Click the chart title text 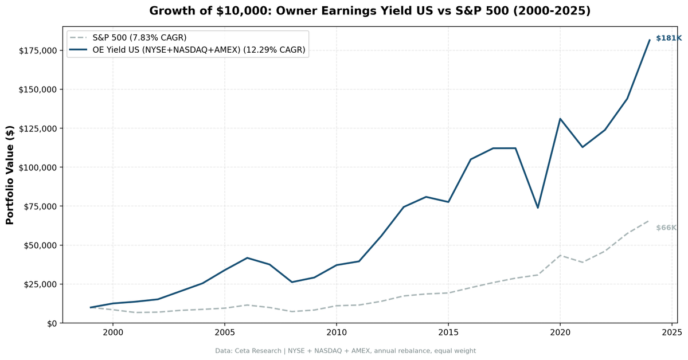pyautogui.click(x=369, y=11)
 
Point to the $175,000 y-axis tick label pyautogui.click(x=37, y=50)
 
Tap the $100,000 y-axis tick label pyautogui.click(x=37, y=167)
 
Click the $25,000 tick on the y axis pyautogui.click(x=40, y=284)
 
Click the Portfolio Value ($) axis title pyautogui.click(x=10, y=175)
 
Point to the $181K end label pyautogui.click(x=669, y=38)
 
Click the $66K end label pyautogui.click(x=666, y=228)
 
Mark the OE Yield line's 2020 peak pyautogui.click(x=560, y=119)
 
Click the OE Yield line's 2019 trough pyautogui.click(x=538, y=208)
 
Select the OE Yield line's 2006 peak pyautogui.click(x=247, y=258)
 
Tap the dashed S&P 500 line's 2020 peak pyautogui.click(x=560, y=255)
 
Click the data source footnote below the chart pyautogui.click(x=345, y=351)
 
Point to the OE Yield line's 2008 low pyautogui.click(x=292, y=282)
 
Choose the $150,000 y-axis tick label pyautogui.click(x=37, y=89)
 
